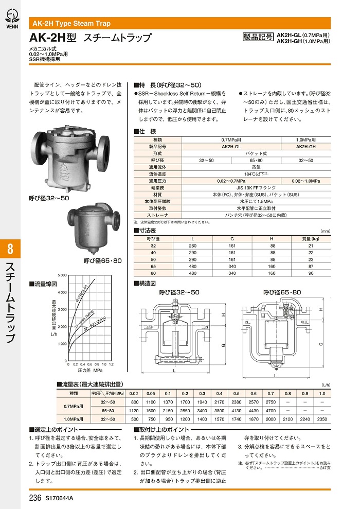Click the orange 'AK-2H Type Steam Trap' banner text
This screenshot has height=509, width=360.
click(72, 24)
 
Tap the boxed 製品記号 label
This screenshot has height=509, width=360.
click(258, 37)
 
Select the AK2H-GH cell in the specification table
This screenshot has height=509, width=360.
click(307, 146)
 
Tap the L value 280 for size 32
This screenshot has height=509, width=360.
click(192, 246)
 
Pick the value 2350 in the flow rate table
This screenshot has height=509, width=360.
click(322, 419)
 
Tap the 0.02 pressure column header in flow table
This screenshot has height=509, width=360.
click(135, 394)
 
